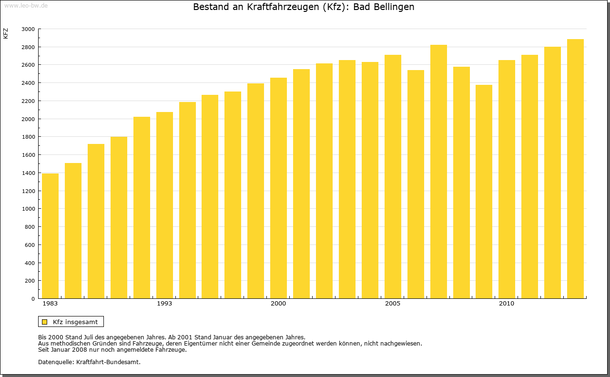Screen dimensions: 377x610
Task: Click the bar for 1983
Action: pos(50,236)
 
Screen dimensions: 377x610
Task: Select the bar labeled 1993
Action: pos(164,205)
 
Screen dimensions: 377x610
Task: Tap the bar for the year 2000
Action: pos(278,188)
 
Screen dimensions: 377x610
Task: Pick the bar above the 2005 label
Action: pos(393,176)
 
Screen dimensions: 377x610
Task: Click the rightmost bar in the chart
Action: pos(575,169)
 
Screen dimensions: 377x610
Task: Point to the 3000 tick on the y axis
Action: pos(28,29)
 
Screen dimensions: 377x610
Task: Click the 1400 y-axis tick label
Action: pos(28,173)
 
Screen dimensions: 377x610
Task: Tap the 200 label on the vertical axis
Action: pos(30,281)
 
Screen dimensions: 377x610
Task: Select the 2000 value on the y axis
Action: pos(28,119)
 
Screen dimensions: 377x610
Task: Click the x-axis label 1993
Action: pos(164,304)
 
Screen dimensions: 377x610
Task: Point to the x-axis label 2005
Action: pos(393,304)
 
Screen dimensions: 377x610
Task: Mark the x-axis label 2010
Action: pos(507,304)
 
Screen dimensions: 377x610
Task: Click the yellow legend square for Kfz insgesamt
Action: pos(44,322)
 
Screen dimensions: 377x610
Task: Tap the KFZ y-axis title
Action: pos(6,33)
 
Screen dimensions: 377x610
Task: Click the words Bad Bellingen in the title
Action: pos(384,7)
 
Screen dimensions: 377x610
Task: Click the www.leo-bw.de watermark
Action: pos(25,5)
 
